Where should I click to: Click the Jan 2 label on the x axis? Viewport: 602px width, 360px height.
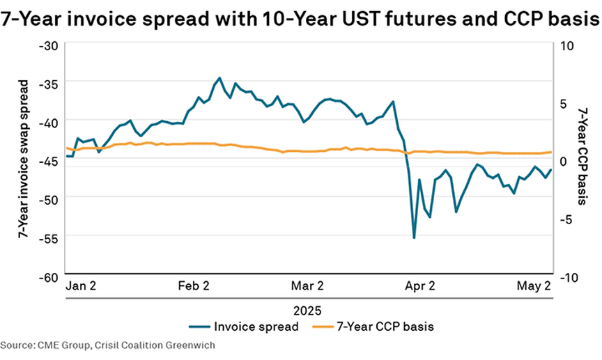tap(81, 285)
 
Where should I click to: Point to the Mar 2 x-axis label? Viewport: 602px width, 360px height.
tap(307, 285)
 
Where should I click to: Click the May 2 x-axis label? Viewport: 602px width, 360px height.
tap(532, 285)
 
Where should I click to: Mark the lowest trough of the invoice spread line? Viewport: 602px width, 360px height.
tap(414, 238)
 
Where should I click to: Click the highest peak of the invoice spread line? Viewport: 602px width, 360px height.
tap(219, 78)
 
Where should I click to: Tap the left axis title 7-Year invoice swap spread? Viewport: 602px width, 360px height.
tap(23, 159)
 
